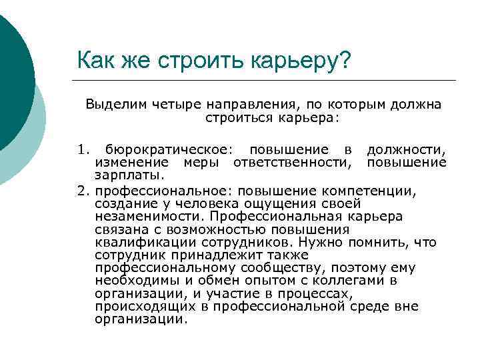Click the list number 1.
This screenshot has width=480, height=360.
tap(81, 151)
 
